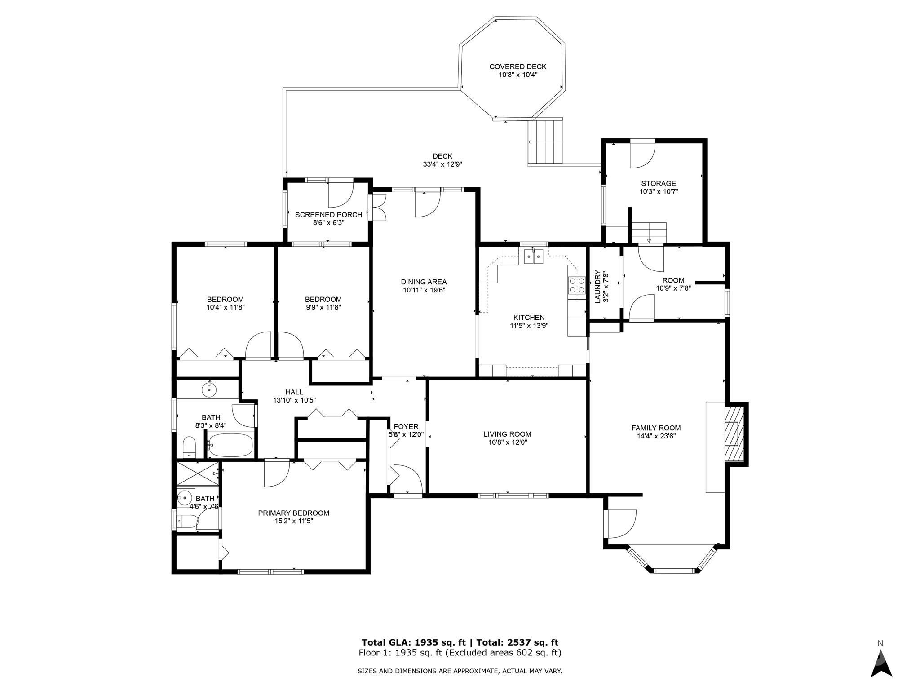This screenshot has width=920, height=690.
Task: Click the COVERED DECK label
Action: (518, 66)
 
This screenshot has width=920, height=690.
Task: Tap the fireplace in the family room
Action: (734, 433)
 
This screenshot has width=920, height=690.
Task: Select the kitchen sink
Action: (533, 257)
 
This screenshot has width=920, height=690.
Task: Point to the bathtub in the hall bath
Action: (230, 445)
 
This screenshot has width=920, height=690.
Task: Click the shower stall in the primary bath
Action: (197, 473)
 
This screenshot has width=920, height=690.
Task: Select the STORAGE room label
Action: (659, 183)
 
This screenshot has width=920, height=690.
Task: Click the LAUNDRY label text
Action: (598, 287)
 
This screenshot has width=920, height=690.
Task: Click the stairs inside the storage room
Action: (649, 233)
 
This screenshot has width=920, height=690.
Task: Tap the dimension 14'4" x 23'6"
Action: (656, 436)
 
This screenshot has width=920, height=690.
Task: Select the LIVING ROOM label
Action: (507, 434)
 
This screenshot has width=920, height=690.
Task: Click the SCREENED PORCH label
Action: (328, 215)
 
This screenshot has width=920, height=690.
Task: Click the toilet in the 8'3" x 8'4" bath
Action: (190, 447)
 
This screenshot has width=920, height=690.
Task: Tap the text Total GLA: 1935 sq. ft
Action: (413, 642)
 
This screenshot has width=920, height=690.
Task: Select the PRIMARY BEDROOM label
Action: (293, 513)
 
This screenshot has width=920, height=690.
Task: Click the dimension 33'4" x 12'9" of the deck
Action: (442, 164)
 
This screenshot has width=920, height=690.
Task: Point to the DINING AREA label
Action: (424, 282)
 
